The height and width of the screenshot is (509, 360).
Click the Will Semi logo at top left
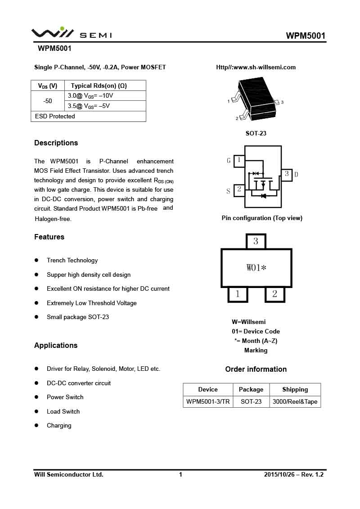(x=71, y=34)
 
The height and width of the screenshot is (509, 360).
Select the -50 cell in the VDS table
(x=48, y=101)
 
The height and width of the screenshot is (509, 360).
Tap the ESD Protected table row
(x=88, y=117)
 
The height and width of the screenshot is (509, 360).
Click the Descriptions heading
(x=56, y=143)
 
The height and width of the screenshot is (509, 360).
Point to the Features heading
(x=49, y=237)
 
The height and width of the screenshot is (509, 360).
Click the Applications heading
(x=56, y=346)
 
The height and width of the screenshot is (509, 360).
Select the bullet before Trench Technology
(x=37, y=261)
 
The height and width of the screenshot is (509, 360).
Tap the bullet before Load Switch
(x=37, y=412)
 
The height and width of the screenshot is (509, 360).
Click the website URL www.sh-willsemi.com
(x=256, y=68)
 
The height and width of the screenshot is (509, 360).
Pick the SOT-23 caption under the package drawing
(x=256, y=134)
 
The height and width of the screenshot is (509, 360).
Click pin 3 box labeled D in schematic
(x=287, y=174)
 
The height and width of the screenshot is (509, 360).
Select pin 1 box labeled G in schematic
(x=239, y=160)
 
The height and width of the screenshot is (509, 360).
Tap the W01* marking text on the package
(x=256, y=268)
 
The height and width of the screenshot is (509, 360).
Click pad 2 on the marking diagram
(x=274, y=295)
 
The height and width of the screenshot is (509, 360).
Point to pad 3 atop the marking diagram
(x=256, y=241)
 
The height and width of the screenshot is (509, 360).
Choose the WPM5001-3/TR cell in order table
(x=208, y=402)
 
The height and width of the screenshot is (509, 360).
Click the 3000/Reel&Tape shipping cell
(x=295, y=402)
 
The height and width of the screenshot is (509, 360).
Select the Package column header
(x=251, y=390)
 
